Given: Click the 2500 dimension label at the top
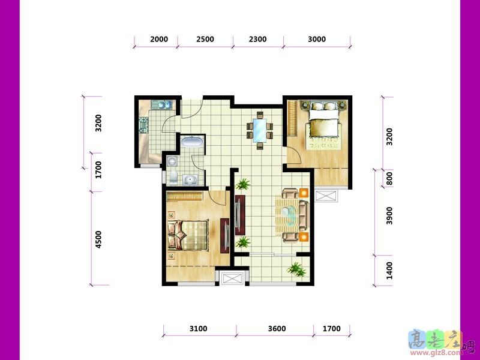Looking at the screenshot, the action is (205, 39).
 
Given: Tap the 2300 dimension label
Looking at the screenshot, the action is (258, 39).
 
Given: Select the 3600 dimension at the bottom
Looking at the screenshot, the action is (277, 328).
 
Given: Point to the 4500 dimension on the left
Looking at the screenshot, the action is (98, 239).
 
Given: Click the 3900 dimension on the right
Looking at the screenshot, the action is (389, 215).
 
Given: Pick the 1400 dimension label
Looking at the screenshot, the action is (389, 271).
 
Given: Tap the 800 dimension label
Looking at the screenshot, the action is (389, 178).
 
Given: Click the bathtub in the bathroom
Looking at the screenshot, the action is (191, 142).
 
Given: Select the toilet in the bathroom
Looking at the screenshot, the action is (173, 178).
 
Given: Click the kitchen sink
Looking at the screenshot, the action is (161, 105).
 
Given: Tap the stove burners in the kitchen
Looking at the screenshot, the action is (143, 125).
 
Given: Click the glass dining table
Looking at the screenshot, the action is (260, 130).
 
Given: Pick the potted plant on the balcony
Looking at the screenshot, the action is (296, 269).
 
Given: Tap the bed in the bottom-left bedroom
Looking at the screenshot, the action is (188, 235).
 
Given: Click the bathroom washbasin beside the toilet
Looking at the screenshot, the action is (190, 179).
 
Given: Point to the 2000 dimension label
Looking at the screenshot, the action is (159, 39).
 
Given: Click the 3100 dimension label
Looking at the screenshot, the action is (199, 328).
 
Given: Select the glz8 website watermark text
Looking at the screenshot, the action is (439, 353).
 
